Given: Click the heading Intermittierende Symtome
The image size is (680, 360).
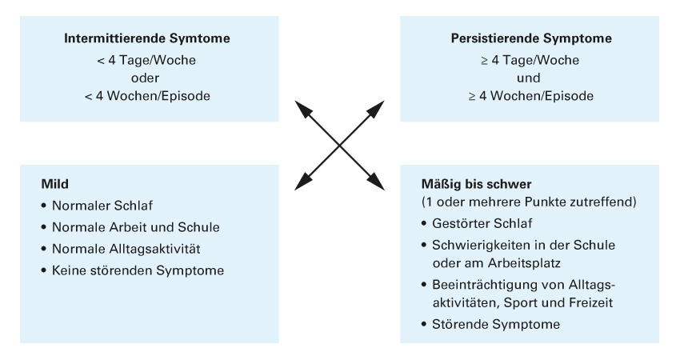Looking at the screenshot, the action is pos(147,38).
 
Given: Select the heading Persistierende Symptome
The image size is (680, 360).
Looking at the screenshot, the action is pos(531,38).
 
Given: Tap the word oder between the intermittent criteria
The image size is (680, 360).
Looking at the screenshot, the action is pos(146,78).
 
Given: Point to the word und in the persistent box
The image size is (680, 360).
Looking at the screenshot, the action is pos(528,78).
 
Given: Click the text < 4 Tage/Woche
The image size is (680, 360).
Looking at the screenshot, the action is pos(146,60).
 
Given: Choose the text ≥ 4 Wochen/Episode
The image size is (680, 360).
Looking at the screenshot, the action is pos(531,96).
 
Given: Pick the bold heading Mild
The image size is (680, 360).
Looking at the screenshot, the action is pos(54,184).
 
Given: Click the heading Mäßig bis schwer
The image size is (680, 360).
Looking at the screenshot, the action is pos(476,184).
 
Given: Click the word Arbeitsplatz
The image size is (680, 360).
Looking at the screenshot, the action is pos(524,263).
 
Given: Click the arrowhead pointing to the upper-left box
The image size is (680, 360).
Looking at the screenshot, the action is pos(303,110).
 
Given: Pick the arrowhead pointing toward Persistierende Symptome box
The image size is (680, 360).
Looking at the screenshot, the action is pos(375,110).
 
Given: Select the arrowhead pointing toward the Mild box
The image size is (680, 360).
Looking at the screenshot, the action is pos(303,182).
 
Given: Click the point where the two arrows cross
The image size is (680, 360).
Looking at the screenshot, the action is pos(339,146).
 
